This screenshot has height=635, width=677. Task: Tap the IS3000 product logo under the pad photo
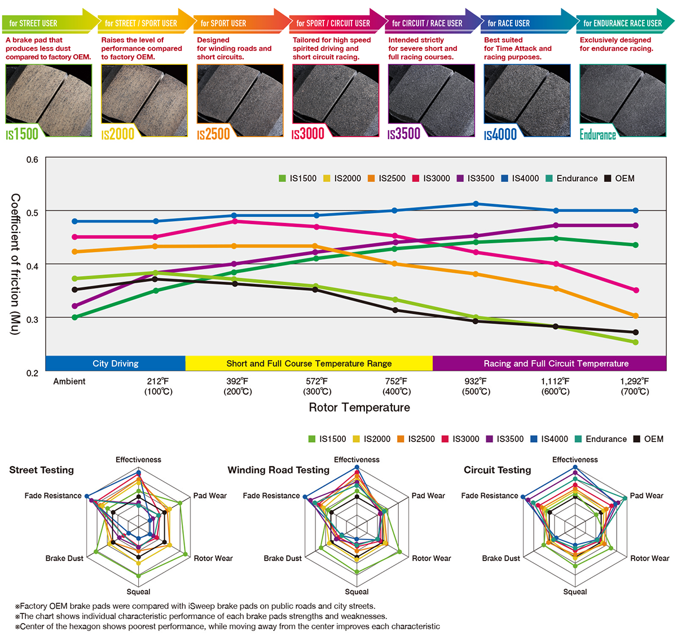click(308, 134)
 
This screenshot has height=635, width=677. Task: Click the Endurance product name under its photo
click(597, 134)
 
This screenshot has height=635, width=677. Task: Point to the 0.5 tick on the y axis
click(32, 213)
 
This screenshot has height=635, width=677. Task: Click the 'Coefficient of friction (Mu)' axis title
click(15, 264)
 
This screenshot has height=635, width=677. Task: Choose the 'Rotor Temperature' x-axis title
click(359, 408)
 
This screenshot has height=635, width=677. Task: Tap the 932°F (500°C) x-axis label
click(476, 387)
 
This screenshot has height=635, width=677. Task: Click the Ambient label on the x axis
click(69, 382)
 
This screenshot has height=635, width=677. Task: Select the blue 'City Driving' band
click(115, 364)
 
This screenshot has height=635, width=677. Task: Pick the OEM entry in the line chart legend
click(619, 178)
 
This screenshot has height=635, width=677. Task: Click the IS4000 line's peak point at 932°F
click(476, 204)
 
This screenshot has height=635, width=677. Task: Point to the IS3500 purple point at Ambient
click(75, 306)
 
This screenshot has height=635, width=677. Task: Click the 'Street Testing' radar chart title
click(41, 470)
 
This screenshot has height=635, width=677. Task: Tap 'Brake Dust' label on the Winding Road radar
click(283, 558)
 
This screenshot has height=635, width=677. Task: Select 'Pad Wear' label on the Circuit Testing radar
click(647, 496)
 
